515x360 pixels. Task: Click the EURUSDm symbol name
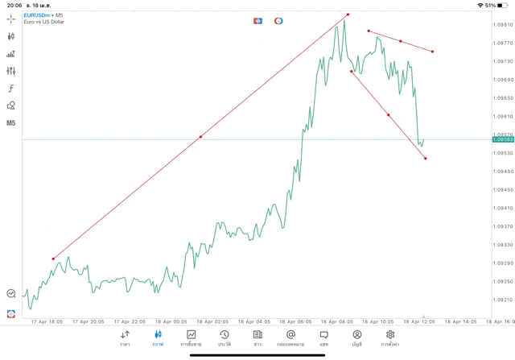(38, 14)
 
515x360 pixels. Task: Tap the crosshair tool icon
(11, 19)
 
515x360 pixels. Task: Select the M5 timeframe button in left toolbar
(11, 123)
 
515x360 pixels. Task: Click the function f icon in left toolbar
(11, 89)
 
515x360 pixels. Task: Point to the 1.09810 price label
(502, 25)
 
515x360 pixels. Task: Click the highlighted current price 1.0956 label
(502, 139)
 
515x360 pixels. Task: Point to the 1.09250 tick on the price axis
(502, 282)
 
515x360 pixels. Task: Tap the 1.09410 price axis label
(502, 209)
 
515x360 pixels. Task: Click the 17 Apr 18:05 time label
(47, 321)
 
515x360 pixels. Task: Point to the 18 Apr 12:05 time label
(419, 321)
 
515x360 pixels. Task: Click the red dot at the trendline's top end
(348, 14)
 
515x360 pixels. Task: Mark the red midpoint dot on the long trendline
(200, 137)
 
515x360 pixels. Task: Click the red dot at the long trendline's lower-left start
(53, 259)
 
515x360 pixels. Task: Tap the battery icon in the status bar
(503, 5)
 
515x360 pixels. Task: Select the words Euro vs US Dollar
(44, 22)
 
